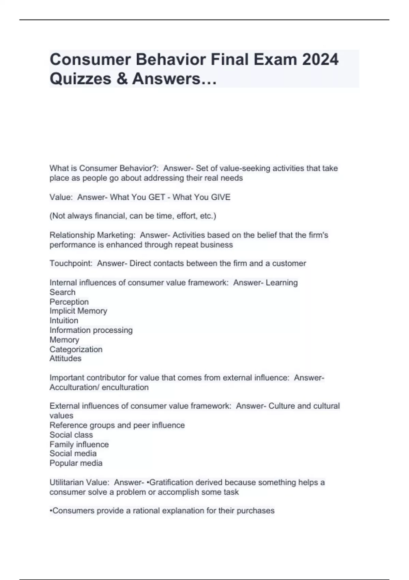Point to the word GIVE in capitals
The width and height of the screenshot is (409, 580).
pos(221,197)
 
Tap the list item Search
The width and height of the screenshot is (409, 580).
pos(62,292)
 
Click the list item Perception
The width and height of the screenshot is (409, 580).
pos(69,302)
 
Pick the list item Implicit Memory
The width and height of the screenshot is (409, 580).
pos(78,311)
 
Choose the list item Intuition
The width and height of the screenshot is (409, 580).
pos(64,320)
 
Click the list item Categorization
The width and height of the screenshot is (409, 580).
pos(76,349)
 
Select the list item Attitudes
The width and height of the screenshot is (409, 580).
pos(65,358)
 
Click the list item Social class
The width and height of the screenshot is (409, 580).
pos(71,435)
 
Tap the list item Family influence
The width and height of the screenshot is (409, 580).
pos(79,444)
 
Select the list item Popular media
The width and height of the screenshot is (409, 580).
pos(76,463)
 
